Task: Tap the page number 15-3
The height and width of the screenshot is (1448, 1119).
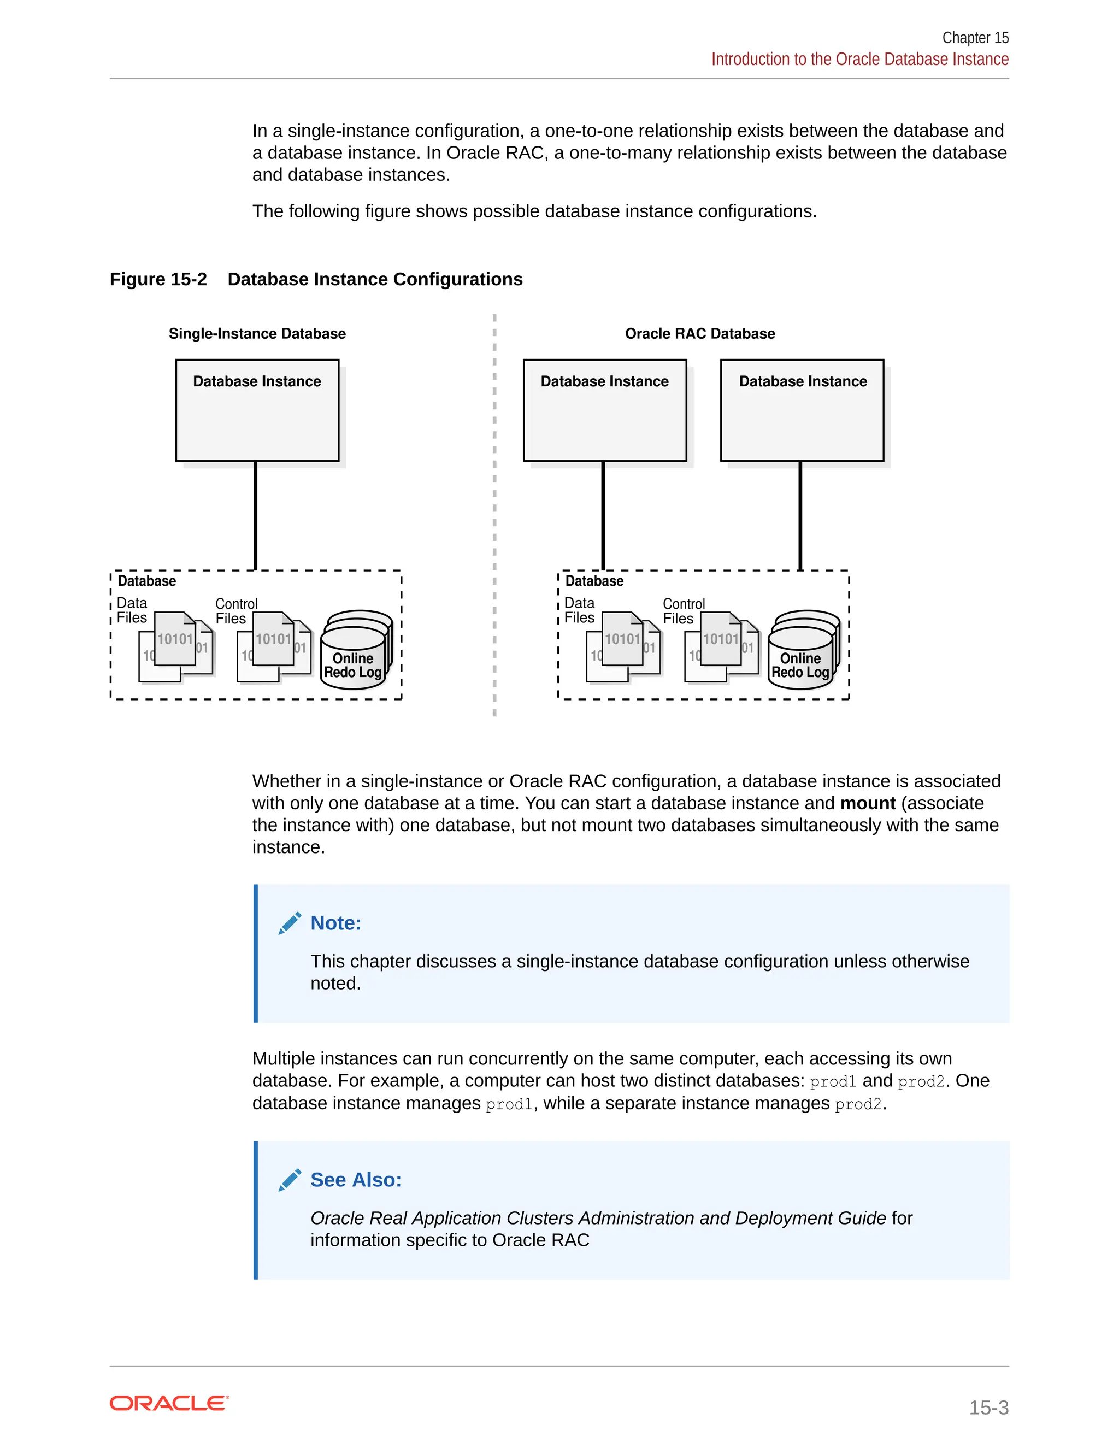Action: [988, 1407]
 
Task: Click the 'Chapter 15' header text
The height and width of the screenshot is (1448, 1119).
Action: [975, 38]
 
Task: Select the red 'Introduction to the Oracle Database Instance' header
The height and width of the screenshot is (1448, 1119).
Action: [860, 60]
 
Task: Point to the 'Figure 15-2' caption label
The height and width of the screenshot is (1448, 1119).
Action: [158, 279]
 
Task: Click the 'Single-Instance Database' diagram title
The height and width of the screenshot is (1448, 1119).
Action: [257, 333]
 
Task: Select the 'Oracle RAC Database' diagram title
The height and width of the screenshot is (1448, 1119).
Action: [699, 333]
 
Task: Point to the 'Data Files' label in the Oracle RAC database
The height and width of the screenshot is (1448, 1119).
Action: [579, 610]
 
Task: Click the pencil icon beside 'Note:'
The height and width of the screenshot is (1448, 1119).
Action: [290, 923]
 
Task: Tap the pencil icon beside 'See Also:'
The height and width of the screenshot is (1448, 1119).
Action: [290, 1180]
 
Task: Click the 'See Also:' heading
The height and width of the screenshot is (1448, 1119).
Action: [356, 1180]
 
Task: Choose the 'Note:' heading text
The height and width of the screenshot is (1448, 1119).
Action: [336, 923]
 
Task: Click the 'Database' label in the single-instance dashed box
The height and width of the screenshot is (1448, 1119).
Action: [146, 581]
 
